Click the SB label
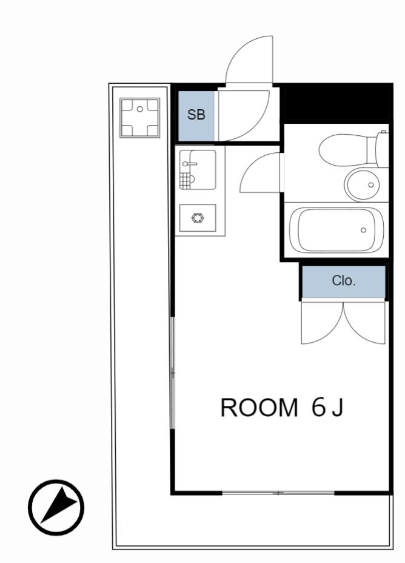196,115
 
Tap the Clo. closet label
344,280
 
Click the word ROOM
259,408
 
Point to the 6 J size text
327,408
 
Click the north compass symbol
56,507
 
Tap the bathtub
336,230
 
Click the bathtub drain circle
363,230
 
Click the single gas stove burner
198,218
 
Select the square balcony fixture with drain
140,118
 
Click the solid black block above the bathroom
336,103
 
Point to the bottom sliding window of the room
278,493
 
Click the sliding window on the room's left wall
172,373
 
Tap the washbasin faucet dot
371,185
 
